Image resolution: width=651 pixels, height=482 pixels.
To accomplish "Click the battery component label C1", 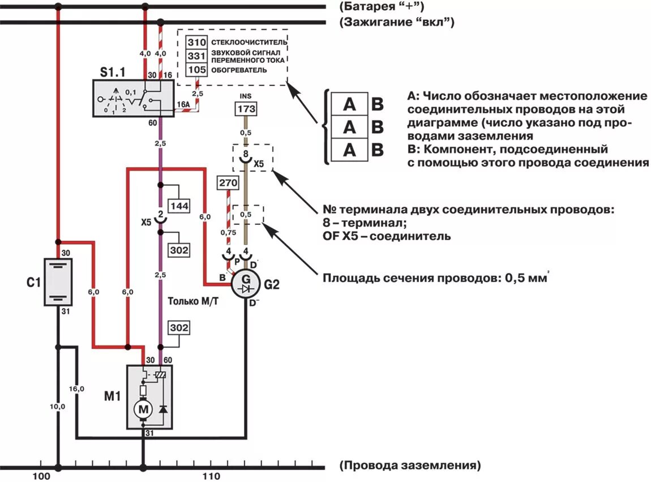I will tap(33, 281).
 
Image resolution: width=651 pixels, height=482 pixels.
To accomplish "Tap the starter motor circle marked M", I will tap(143, 408).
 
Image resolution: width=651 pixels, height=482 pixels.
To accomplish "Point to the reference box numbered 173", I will tap(246, 109).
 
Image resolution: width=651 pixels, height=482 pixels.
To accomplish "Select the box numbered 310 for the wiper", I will tap(197, 42).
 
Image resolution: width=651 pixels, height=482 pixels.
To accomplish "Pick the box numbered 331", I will tap(197, 56).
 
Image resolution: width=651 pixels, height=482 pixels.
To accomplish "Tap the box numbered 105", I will tap(197, 70).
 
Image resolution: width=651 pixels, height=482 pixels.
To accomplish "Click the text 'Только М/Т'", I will tap(192, 302).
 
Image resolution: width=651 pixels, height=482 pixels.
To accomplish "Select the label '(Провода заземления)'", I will tap(410, 466).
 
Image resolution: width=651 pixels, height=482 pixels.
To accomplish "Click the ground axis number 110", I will tap(210, 476).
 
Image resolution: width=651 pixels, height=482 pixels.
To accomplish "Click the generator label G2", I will tap(272, 284).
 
